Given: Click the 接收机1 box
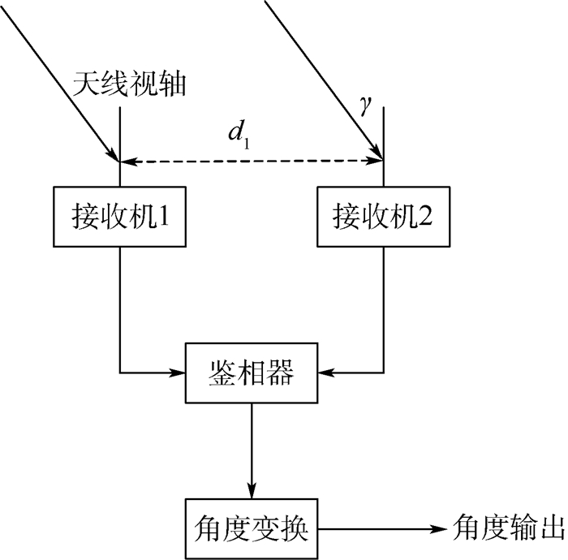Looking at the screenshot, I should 120,217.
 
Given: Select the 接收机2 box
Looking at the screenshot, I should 382,217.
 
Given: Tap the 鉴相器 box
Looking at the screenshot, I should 252,374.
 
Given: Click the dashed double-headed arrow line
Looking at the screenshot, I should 252,162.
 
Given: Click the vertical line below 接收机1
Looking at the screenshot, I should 120,308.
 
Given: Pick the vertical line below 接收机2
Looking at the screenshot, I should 383,308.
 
